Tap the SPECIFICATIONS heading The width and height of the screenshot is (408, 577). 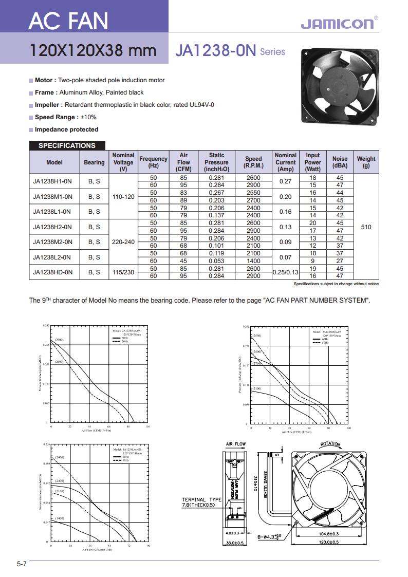click(67, 145)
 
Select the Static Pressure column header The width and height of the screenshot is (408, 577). click(216, 162)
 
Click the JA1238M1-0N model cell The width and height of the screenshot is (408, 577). click(52, 196)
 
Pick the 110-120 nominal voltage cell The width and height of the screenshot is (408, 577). click(123, 196)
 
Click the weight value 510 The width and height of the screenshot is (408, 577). click(366, 227)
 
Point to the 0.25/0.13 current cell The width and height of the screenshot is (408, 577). click(285, 272)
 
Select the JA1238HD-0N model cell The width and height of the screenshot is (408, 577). click(52, 272)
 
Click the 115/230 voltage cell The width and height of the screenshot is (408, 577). click(123, 272)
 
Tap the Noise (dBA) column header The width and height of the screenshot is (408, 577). click(340, 162)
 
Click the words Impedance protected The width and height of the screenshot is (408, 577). click(66, 129)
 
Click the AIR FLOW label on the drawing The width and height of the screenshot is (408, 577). click(236, 444)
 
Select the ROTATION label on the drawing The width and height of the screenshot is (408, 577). click(332, 444)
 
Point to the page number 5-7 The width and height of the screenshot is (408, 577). click(21, 564)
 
